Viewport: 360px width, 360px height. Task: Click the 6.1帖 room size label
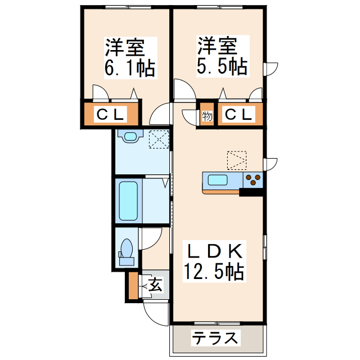click(x=129, y=68)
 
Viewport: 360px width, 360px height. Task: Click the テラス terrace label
click(x=216, y=339)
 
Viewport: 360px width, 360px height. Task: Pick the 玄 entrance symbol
click(x=155, y=285)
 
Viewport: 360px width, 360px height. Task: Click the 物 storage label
click(x=207, y=116)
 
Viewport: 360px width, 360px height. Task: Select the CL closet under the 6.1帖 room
click(x=110, y=114)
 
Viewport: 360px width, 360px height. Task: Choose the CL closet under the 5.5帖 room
click(x=238, y=114)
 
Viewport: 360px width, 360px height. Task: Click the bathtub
click(x=128, y=200)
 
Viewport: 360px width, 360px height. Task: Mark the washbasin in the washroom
click(x=131, y=136)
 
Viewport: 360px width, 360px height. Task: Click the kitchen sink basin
click(x=218, y=181)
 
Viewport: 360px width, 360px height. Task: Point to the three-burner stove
click(x=254, y=179)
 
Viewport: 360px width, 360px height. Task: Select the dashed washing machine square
click(x=159, y=139)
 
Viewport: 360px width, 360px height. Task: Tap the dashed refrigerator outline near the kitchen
click(x=237, y=159)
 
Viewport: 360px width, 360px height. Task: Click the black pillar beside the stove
click(x=251, y=192)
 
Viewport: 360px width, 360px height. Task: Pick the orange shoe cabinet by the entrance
click(x=132, y=285)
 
